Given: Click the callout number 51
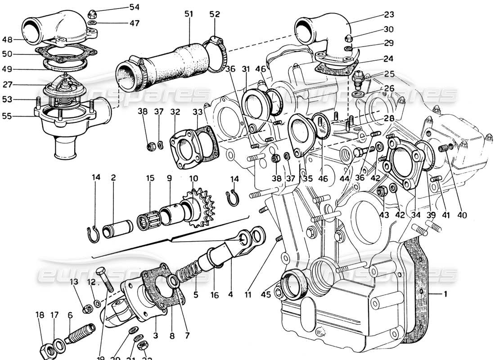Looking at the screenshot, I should click(x=188, y=14).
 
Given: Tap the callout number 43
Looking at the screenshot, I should click(x=384, y=215).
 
